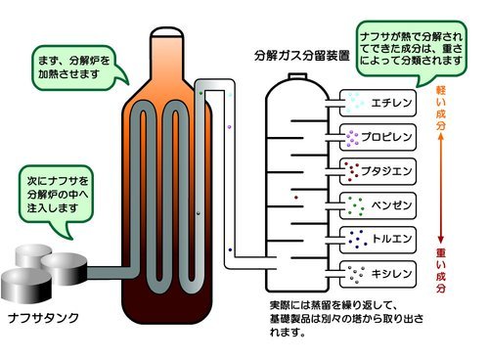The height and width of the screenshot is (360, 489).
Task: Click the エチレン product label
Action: click(391, 103)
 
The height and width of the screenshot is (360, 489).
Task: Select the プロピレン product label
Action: click(386, 137)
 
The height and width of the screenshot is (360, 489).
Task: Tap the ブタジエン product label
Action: click(386, 171)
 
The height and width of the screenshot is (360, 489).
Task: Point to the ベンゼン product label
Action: click(391, 205)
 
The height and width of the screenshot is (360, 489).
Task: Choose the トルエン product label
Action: click(391, 239)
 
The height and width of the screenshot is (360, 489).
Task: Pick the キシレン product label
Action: click(391, 273)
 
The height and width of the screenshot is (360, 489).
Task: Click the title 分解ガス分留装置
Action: click(302, 56)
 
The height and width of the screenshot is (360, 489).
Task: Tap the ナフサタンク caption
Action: click(43, 318)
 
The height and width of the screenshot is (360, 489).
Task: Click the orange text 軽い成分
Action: click(441, 109)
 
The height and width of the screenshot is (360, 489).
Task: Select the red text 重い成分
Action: click(441, 270)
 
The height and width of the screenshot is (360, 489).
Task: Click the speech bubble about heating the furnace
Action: click(78, 67)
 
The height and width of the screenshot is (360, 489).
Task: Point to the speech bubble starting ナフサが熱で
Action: click(412, 52)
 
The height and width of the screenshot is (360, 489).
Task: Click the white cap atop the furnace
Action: click(166, 32)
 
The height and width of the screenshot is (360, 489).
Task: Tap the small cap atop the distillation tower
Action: click(297, 76)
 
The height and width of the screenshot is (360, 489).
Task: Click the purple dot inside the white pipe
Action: click(229, 127)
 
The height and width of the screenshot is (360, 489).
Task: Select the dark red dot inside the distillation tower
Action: click(296, 198)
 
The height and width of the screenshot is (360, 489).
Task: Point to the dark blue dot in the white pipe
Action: click(230, 249)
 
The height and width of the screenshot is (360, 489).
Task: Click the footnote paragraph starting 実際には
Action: click(346, 319)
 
